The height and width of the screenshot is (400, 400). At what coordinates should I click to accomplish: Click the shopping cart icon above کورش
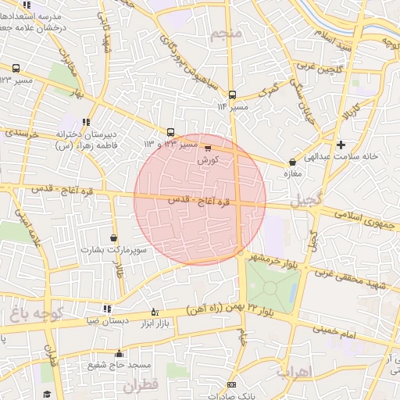pyautogui.click(x=207, y=147)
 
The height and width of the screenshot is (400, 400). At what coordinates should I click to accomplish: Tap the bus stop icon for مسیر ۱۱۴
pyautogui.click(x=231, y=95)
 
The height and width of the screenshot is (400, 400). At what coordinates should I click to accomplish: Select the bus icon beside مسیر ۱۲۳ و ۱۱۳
pyautogui.click(x=171, y=132)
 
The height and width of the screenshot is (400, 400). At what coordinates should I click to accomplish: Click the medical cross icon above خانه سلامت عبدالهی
pyautogui.click(x=341, y=145)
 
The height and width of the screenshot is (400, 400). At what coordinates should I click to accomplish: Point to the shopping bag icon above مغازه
pyautogui.click(x=292, y=162)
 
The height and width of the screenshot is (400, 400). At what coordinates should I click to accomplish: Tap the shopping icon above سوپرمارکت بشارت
pyautogui.click(x=114, y=237)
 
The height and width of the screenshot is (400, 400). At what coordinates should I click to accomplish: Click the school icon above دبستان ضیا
pyautogui.click(x=107, y=309)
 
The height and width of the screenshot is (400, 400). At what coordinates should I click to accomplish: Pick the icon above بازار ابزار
pyautogui.click(x=154, y=311)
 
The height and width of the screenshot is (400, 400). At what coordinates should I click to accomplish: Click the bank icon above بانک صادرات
pyautogui.click(x=231, y=385)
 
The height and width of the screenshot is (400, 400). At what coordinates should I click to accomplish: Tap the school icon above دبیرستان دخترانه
pyautogui.click(x=85, y=122)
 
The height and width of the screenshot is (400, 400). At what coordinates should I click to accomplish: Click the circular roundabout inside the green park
pyautogui.click(x=270, y=287)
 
